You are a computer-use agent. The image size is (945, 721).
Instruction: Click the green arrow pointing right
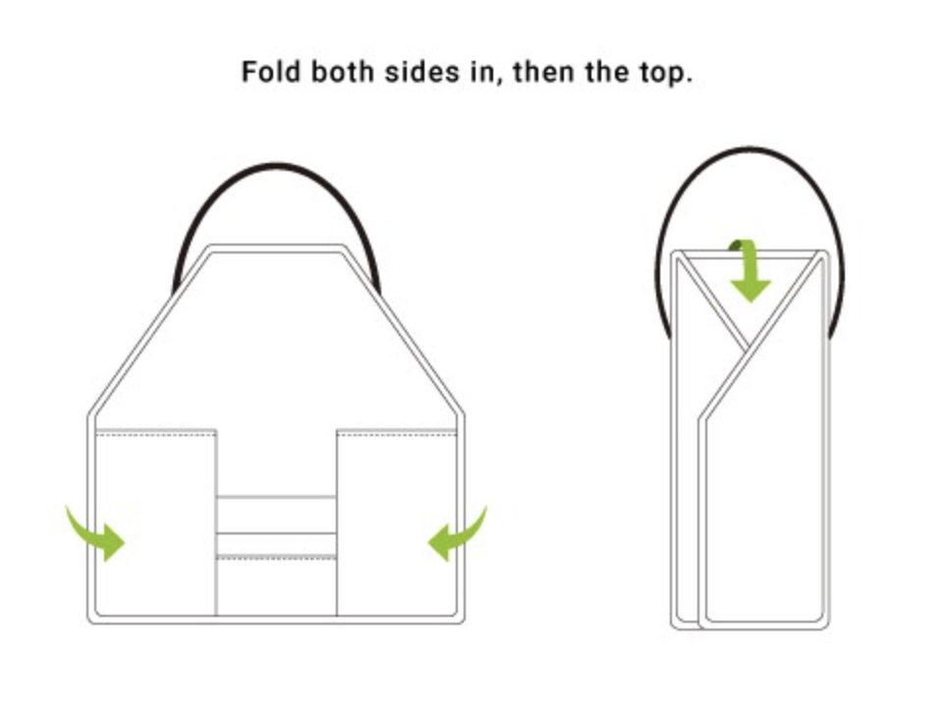[x=95, y=533]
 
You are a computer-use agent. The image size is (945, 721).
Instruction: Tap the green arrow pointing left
[x=458, y=533]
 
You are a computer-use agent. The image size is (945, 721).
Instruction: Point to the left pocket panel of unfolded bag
[x=156, y=523]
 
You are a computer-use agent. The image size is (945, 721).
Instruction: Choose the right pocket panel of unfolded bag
[x=397, y=523]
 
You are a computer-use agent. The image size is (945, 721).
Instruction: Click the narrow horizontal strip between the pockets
[x=277, y=516]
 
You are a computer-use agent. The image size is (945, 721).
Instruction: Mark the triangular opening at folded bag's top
[x=750, y=302]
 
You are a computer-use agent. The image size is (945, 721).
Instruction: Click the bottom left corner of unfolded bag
[x=91, y=621]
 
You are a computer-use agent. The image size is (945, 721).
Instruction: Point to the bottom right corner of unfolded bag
[x=461, y=621]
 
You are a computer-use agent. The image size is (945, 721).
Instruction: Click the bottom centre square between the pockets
[x=277, y=586]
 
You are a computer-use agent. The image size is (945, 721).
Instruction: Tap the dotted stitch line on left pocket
[x=156, y=433]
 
